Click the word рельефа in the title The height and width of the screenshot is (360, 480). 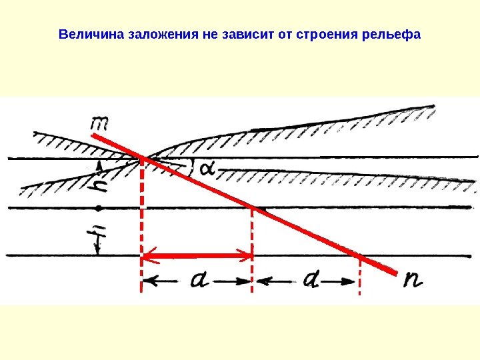390,33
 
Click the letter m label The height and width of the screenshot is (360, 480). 101,123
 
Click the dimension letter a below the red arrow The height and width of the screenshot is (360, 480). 199,281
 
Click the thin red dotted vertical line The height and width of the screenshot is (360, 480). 360,277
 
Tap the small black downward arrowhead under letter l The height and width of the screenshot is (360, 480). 97,251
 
